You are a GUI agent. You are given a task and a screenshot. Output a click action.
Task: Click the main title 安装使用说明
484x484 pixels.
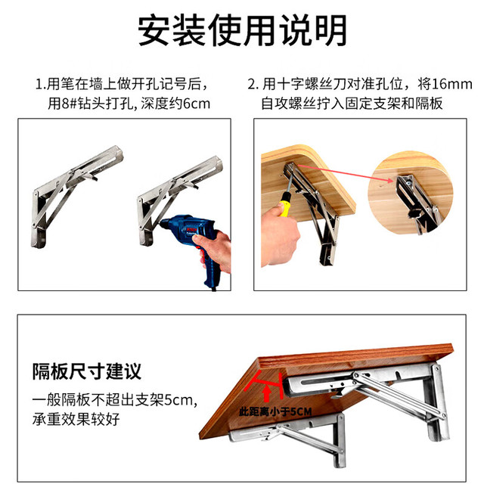click(x=242, y=30)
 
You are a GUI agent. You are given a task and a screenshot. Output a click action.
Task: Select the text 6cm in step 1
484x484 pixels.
click(x=197, y=104)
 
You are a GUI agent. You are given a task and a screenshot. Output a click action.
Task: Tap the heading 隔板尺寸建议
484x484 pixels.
click(x=87, y=371)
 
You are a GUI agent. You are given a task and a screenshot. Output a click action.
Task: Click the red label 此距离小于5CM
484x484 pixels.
click(x=275, y=411)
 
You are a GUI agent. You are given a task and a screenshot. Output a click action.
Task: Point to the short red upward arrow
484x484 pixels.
click(x=267, y=394)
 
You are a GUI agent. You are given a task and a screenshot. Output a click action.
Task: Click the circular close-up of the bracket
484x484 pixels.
click(x=411, y=193)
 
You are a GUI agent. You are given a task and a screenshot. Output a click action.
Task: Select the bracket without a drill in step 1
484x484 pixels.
click(x=77, y=197)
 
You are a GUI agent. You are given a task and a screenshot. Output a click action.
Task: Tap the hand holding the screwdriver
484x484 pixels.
click(x=279, y=234)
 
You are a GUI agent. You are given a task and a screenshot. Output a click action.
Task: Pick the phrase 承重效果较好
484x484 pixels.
click(x=76, y=419)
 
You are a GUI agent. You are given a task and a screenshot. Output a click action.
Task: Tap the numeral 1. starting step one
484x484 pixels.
click(x=41, y=85)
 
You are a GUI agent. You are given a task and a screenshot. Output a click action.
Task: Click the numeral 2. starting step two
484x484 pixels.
click(x=253, y=85)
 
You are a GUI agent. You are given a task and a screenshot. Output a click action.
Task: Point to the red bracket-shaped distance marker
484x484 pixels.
click(x=263, y=384)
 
